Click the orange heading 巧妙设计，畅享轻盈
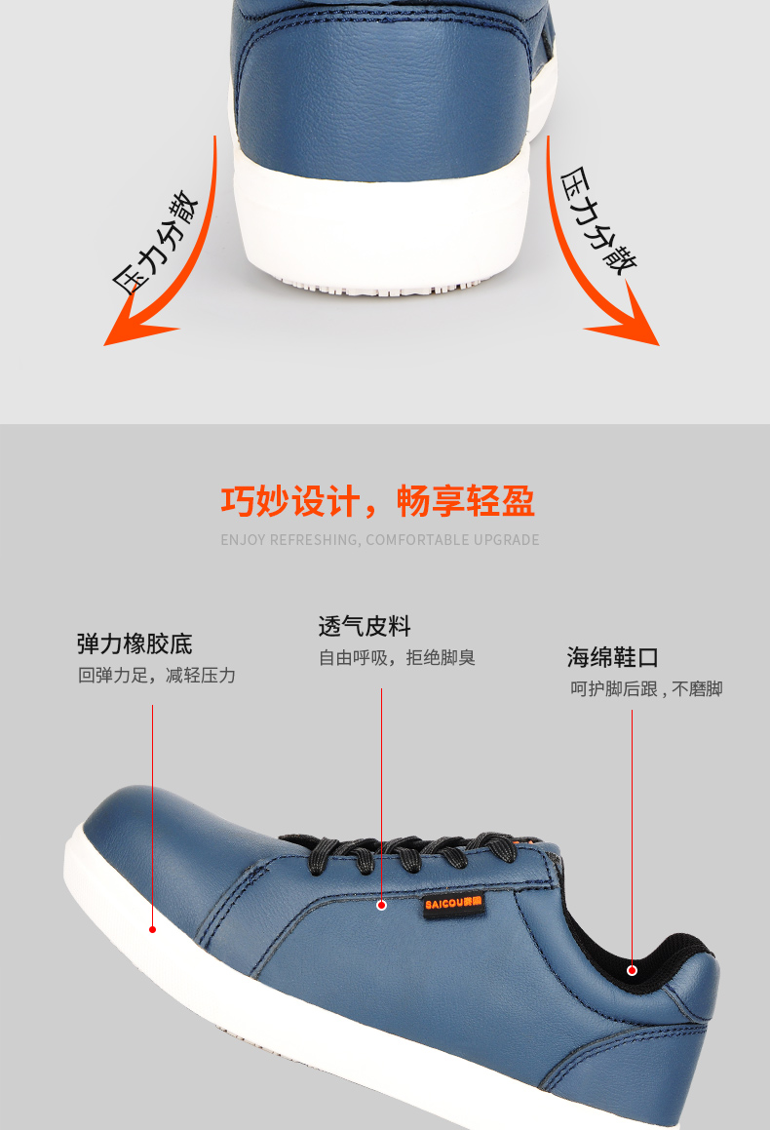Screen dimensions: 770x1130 (x=378, y=501)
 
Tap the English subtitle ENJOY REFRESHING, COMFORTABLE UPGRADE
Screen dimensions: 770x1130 (x=379, y=540)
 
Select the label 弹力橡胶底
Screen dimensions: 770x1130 (x=135, y=643)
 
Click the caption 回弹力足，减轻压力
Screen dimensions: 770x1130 (x=157, y=676)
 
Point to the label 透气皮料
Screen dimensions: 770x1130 (x=365, y=626)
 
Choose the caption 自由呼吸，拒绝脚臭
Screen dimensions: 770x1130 (x=398, y=658)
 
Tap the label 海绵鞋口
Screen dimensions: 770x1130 (x=613, y=657)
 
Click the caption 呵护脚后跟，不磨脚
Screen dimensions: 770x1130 (x=646, y=689)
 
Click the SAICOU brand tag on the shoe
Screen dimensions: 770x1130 (x=453, y=903)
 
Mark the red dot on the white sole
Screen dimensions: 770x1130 (x=153, y=930)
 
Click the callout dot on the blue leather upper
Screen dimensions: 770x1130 (x=382, y=905)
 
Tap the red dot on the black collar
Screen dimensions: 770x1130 (x=633, y=971)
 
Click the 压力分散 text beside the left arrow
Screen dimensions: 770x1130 (x=155, y=242)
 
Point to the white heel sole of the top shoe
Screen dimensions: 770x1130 (x=383, y=231)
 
